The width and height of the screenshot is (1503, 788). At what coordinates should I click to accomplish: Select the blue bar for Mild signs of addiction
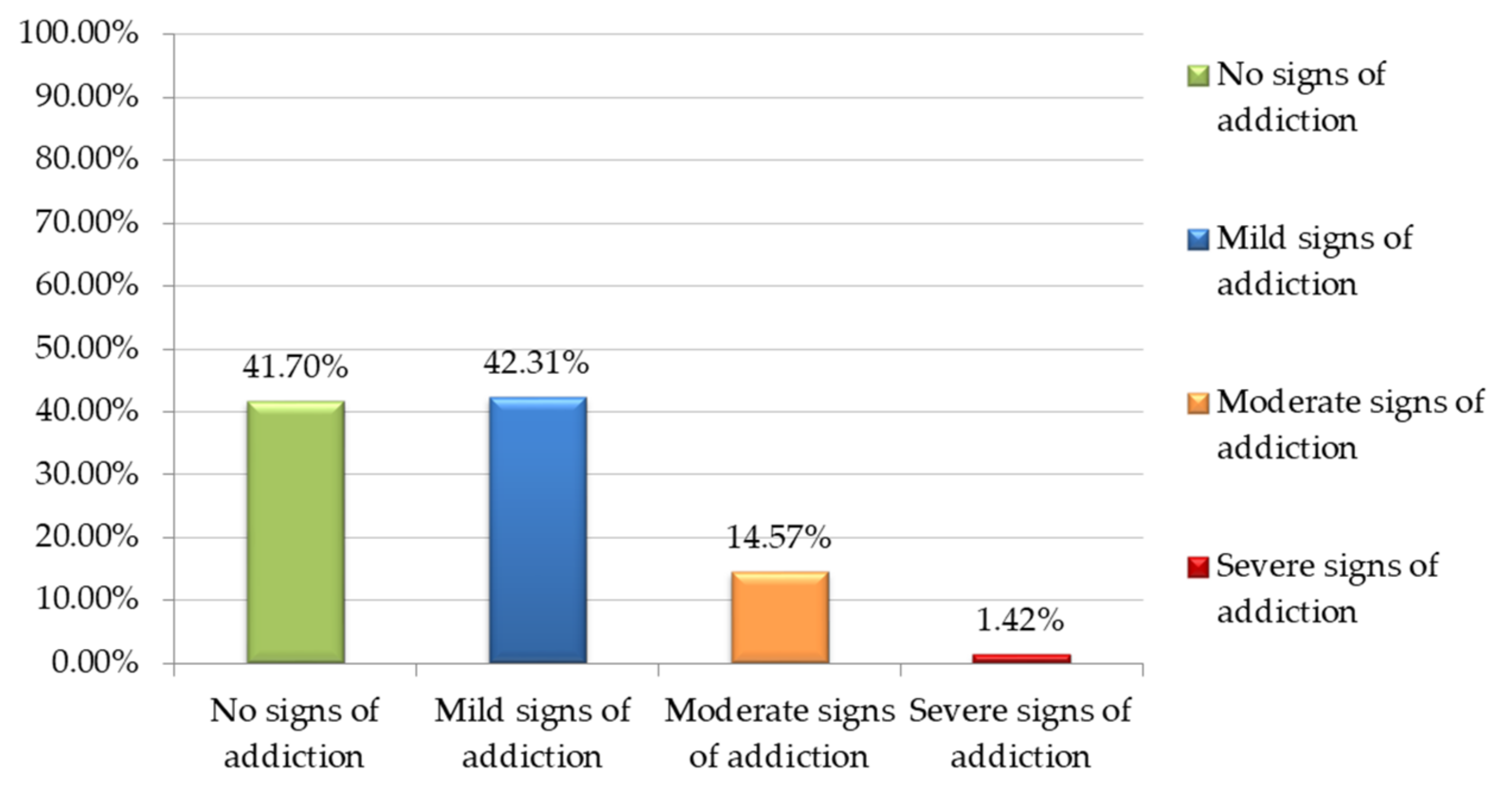tap(538, 529)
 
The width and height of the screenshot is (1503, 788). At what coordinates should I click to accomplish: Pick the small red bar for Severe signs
tap(1022, 659)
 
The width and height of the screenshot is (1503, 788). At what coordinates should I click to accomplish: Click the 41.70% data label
tap(295, 367)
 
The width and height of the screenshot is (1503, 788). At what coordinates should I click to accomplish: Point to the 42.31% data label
tap(536, 362)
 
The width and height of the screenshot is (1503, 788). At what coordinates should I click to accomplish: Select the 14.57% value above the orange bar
tap(779, 537)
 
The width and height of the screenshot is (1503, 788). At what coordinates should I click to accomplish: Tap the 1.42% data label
tap(1020, 620)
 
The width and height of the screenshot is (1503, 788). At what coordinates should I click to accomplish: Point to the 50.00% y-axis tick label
tap(86, 349)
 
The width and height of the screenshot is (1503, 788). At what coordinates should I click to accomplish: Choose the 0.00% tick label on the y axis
tap(95, 663)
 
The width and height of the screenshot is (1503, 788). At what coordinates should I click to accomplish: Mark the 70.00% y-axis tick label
tap(86, 223)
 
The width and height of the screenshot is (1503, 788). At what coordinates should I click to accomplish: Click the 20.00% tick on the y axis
tap(86, 536)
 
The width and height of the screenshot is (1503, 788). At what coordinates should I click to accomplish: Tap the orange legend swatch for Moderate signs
tap(1198, 404)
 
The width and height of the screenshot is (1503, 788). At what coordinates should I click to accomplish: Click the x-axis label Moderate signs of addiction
tap(780, 733)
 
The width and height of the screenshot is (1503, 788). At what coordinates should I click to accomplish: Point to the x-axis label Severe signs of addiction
tap(1020, 733)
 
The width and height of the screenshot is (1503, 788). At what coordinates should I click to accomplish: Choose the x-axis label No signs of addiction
tap(295, 733)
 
